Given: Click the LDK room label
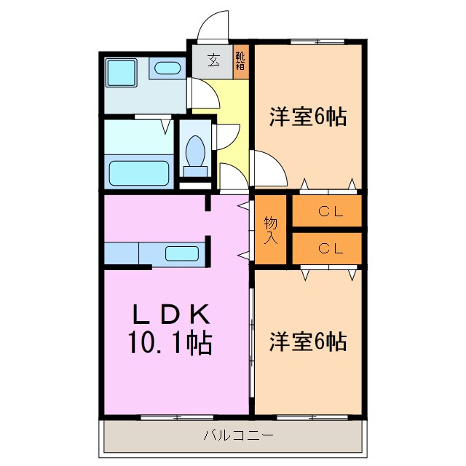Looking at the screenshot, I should [172, 315].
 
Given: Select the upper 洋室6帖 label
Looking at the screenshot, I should [307, 116].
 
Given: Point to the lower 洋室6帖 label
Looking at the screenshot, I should [307, 340].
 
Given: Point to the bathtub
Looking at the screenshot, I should [139, 173].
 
